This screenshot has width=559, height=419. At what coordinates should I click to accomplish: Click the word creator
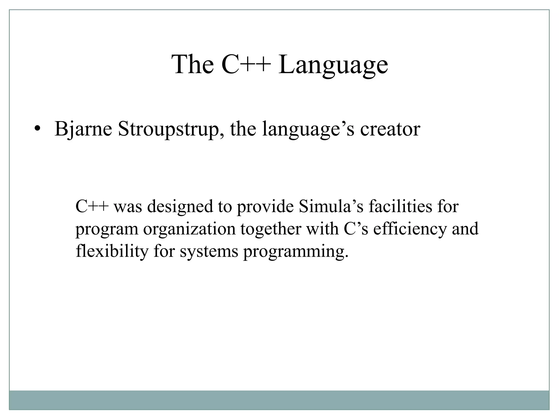coord(390,129)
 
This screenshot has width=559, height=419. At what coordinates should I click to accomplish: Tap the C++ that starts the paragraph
coord(92,206)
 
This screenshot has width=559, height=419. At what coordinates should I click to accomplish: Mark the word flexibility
coord(112,252)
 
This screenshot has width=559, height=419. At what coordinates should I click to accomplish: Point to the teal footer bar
coord(279,400)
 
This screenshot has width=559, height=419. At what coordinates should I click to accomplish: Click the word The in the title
coord(193,65)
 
